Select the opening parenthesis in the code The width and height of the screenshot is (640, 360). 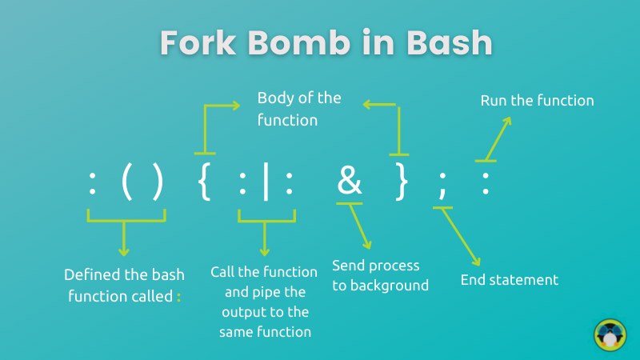[127, 182]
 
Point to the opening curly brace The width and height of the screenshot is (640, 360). [203, 182]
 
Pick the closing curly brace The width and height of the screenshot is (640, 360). [402, 182]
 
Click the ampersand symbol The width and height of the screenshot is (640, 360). [350, 182]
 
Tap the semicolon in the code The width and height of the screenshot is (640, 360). [442, 186]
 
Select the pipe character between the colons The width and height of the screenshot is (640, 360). [266, 184]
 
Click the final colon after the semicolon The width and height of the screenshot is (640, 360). [485, 184]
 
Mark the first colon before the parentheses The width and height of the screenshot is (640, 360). [93, 184]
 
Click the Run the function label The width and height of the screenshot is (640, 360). [537, 101]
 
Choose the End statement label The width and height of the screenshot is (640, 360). [509, 280]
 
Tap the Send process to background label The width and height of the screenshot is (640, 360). [380, 274]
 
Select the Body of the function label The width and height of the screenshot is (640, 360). [298, 110]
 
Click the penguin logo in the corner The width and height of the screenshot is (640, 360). [610, 334]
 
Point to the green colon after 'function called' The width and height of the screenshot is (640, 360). [179, 297]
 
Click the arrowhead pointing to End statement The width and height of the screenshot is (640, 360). [477, 262]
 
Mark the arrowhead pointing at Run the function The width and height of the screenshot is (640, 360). [506, 120]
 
